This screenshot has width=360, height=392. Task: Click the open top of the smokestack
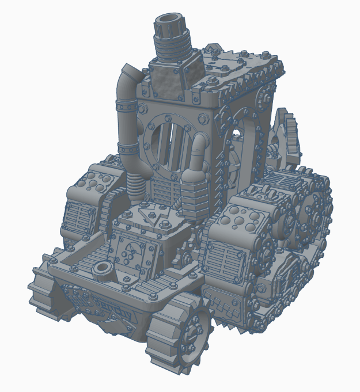170,25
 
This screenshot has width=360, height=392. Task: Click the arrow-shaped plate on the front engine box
148,216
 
